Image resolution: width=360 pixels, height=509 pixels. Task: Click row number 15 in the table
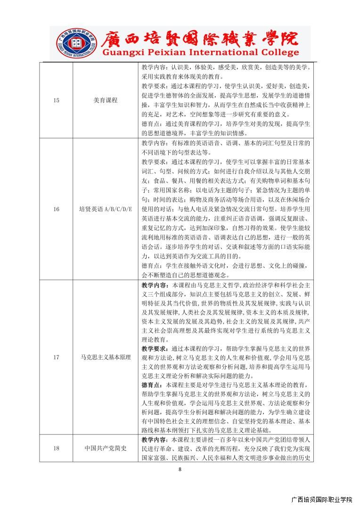pos(56,100)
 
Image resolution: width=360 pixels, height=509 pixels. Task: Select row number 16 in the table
pos(56,209)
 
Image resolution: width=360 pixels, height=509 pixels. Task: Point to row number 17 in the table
pos(56,357)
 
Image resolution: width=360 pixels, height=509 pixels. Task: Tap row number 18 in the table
pos(56,448)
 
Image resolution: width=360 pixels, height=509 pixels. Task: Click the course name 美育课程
pos(106,100)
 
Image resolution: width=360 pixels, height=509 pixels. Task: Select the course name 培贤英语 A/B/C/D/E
pos(106,209)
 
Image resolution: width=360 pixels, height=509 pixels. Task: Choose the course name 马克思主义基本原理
pos(106,357)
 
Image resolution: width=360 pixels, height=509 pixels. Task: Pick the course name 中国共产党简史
pos(106,448)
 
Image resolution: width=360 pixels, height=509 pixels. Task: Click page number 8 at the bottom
pos(180,469)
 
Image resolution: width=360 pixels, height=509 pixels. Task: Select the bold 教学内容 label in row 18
pos(155,440)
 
